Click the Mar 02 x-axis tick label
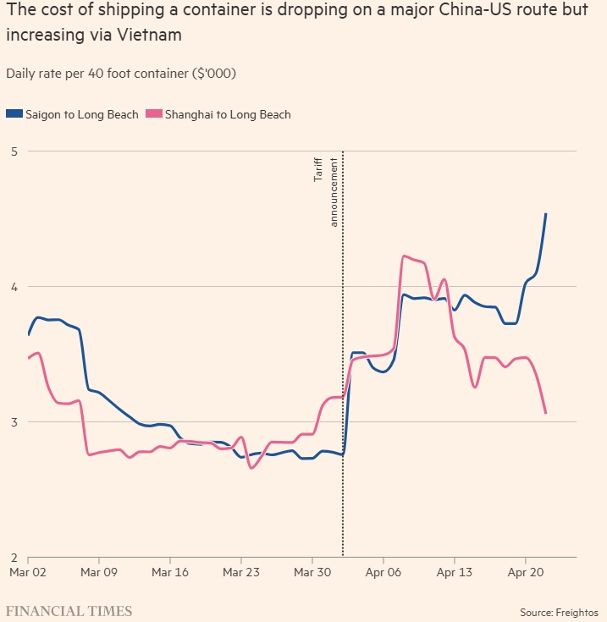29,572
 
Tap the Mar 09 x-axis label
99,572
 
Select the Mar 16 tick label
170,572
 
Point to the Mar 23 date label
241,572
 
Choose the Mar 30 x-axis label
312,572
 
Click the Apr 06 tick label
384,572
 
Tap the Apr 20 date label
526,572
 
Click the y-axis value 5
13,151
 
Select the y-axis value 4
13,287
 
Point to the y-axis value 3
13,422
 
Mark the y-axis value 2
13,558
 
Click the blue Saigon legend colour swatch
14,114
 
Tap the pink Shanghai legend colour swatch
153,114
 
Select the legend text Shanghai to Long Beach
228,114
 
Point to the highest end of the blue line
546,214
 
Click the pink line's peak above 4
405,256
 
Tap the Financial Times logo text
69,610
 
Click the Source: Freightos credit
559,611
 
